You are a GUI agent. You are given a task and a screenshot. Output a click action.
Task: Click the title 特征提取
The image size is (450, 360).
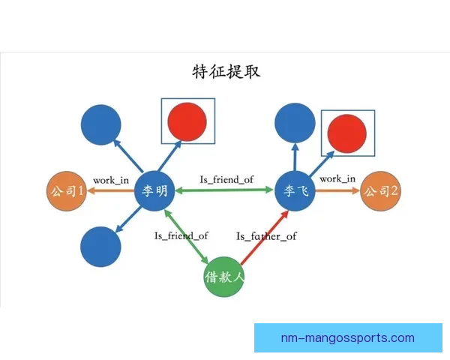226,72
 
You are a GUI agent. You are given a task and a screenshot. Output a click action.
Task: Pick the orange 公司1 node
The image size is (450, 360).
66,191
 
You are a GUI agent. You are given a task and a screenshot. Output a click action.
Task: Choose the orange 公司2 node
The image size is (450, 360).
380,191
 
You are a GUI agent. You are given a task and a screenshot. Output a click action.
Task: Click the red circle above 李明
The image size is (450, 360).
188,121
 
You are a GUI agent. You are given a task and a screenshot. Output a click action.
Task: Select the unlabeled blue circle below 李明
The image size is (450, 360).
100,246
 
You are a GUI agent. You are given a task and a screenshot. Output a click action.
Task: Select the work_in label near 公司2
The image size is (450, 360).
337,178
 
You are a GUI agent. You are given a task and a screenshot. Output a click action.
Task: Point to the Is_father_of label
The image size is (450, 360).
266,236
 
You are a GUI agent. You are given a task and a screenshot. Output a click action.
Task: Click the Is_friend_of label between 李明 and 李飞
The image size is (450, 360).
226,179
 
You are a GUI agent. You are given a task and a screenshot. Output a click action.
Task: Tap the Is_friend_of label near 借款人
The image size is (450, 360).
181,235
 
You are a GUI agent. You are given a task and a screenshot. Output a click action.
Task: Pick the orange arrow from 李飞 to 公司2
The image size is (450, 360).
337,191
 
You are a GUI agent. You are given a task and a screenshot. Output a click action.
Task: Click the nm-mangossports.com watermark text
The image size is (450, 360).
347,337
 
